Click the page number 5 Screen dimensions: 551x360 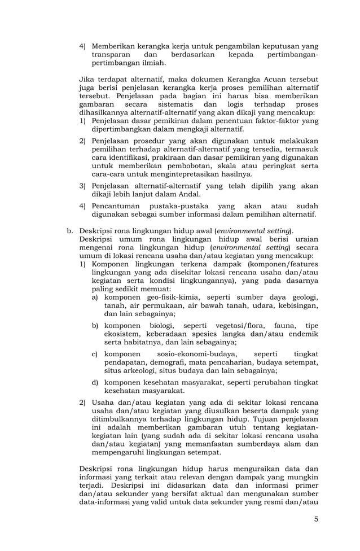(x=317, y=519)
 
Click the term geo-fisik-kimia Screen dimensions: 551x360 (x=169, y=297)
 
